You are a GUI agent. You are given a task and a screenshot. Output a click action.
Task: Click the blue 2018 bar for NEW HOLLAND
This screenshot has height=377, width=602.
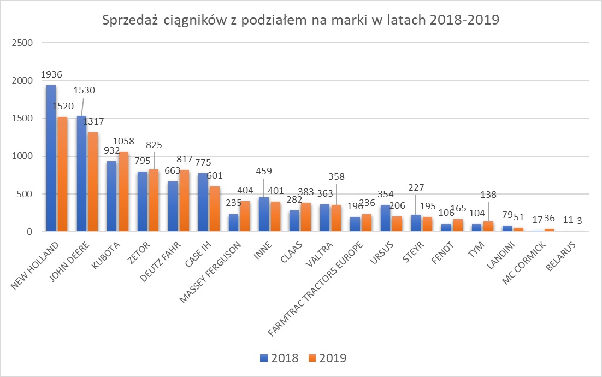click(x=51, y=158)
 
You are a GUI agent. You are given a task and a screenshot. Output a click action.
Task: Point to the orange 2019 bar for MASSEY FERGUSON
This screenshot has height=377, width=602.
click(x=245, y=216)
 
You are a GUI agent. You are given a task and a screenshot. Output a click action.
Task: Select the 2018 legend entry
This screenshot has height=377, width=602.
click(x=279, y=358)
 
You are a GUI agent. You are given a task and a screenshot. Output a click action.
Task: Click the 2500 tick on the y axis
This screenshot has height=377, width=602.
click(x=22, y=43)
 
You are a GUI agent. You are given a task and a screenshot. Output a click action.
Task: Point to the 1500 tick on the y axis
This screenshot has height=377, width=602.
click(x=22, y=119)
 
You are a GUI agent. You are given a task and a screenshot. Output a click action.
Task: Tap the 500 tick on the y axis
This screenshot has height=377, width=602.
click(x=26, y=194)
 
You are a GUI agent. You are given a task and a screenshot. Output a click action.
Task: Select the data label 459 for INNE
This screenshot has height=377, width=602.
click(x=264, y=171)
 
